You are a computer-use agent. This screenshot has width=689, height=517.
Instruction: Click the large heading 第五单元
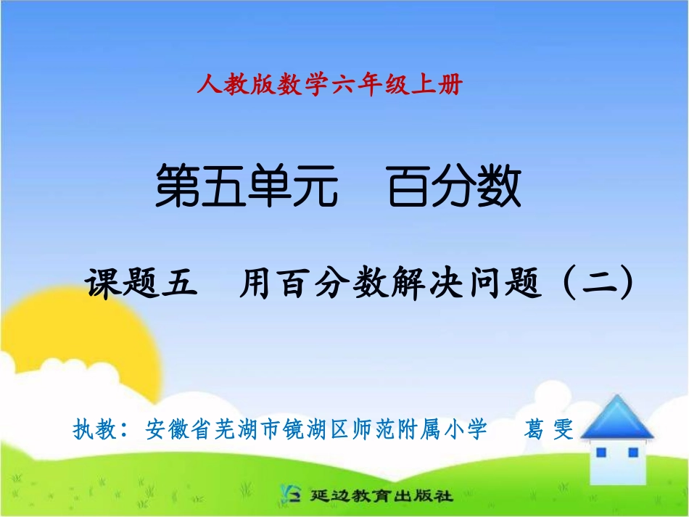pos(247,188)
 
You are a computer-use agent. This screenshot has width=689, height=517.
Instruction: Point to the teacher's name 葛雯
pos(549,430)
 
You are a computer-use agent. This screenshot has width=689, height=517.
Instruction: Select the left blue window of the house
pos(601,452)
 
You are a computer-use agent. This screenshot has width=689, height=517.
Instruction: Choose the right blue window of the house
pos(632,452)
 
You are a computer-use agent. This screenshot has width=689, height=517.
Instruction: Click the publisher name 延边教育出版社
pos(381,497)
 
